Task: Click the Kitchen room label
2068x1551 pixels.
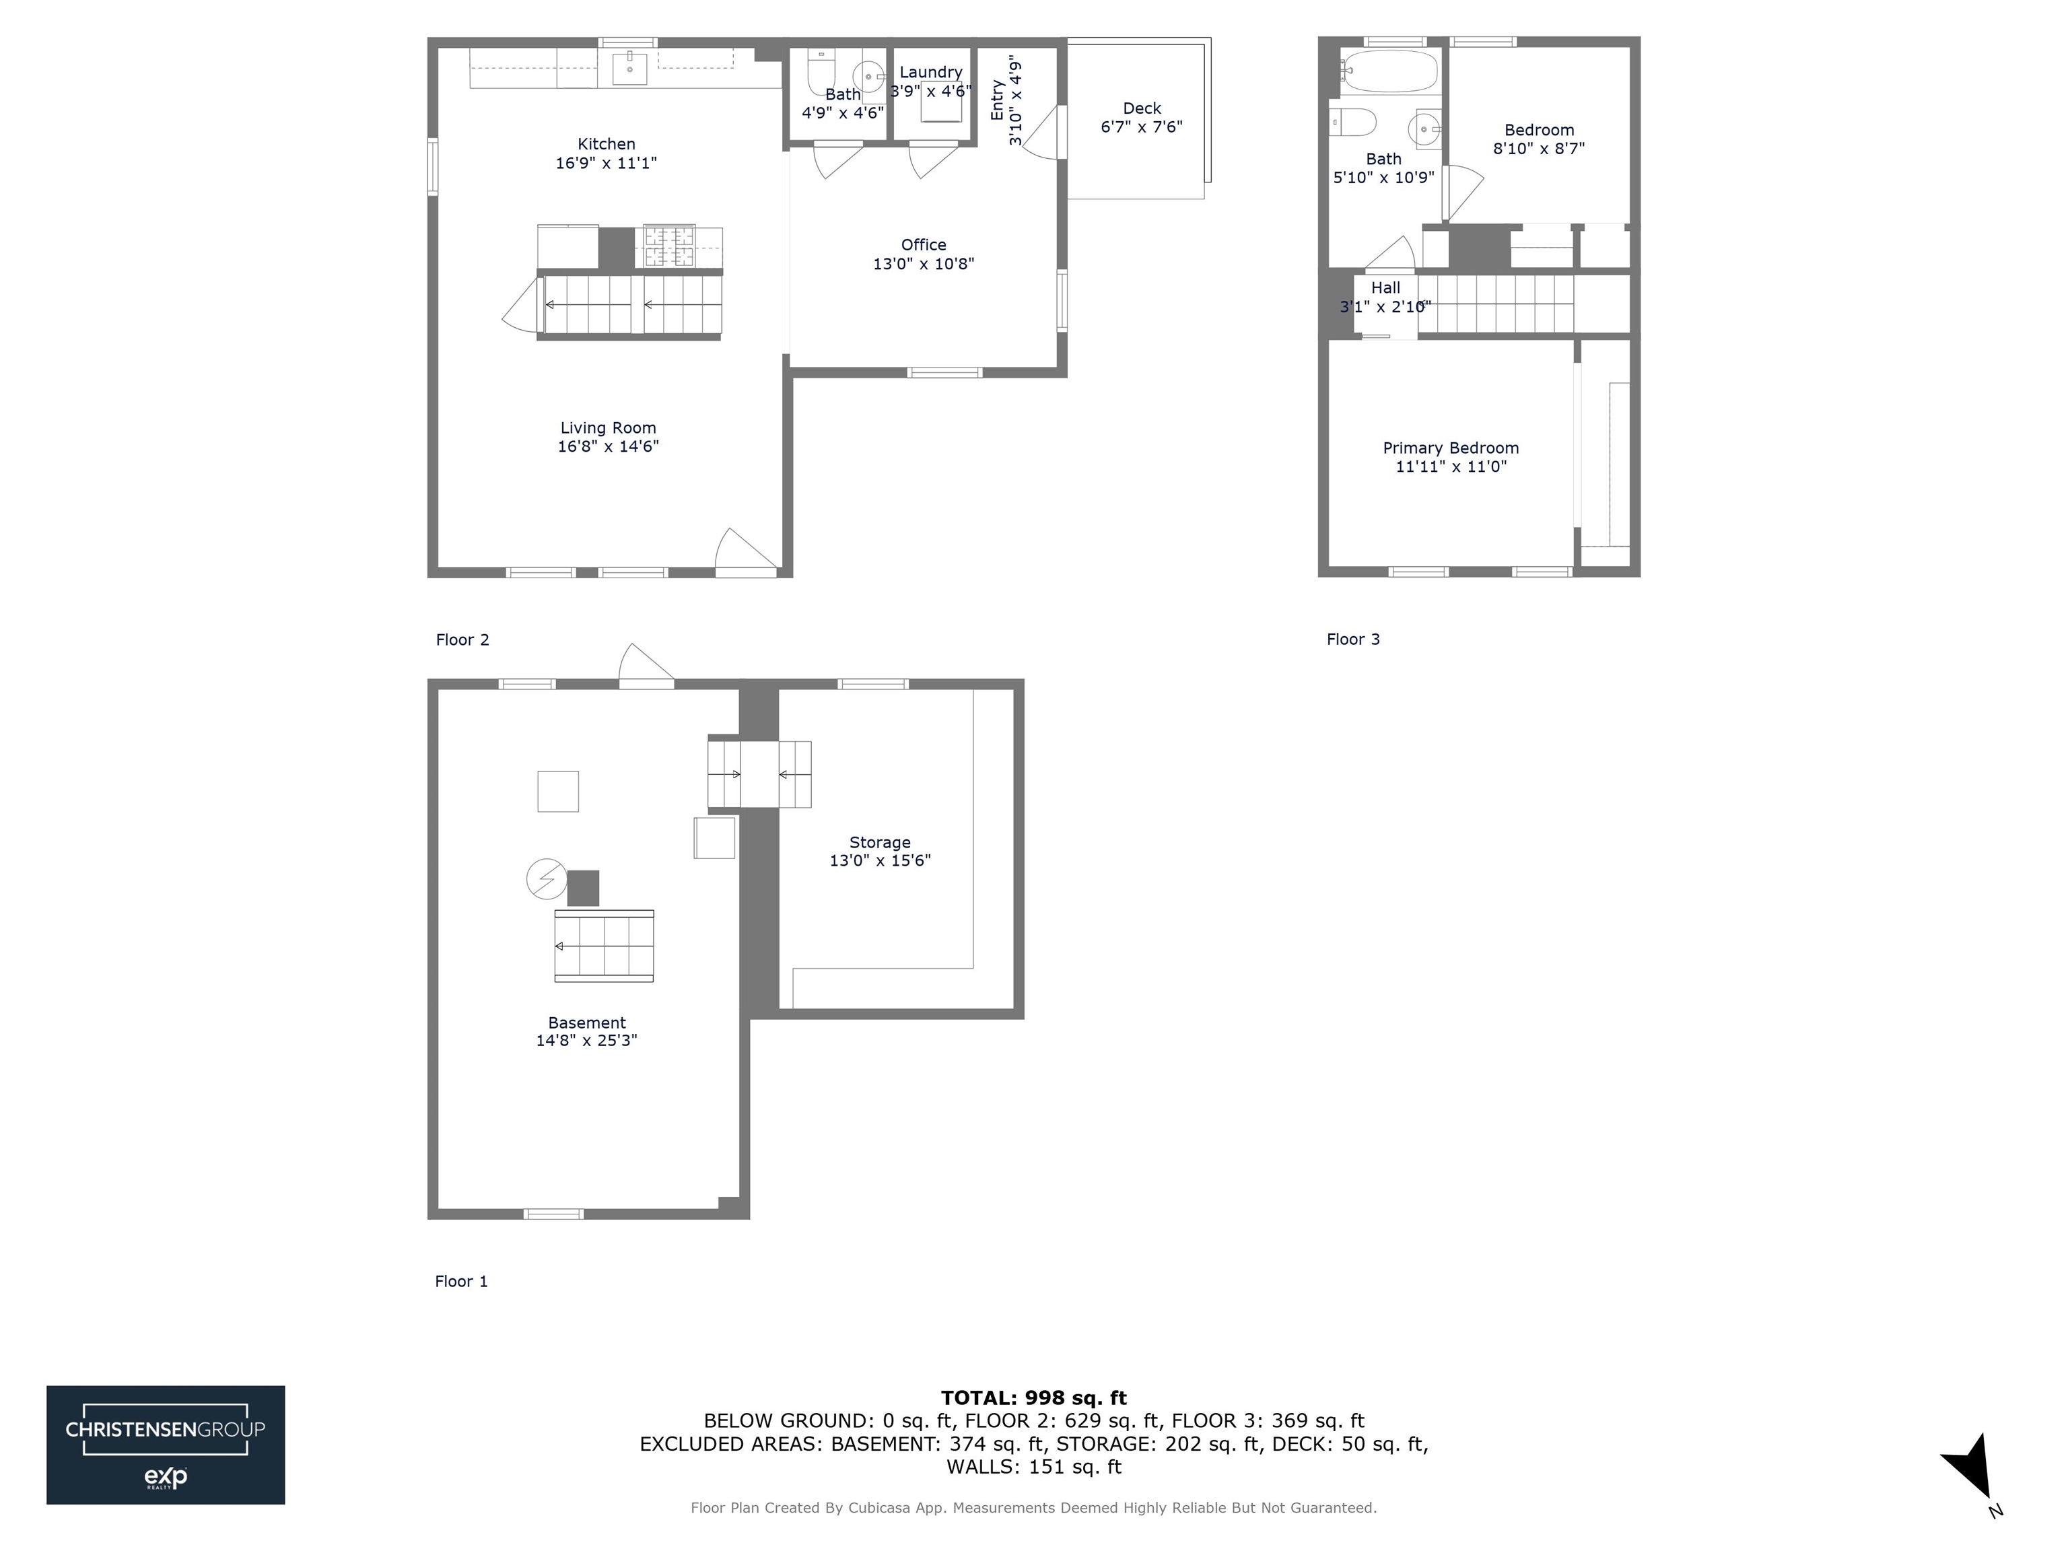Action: (x=606, y=144)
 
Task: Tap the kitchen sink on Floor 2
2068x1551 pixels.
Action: (x=629, y=68)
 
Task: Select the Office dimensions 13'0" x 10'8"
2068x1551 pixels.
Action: (x=923, y=264)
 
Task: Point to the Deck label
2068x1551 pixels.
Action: (x=1142, y=108)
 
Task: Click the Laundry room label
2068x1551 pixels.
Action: (x=930, y=72)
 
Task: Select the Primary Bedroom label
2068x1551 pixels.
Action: (x=1450, y=448)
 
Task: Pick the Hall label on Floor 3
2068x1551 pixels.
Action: (x=1385, y=288)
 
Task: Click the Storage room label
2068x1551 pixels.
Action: (x=880, y=842)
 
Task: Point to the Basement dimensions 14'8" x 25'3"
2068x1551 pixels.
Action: (x=586, y=1041)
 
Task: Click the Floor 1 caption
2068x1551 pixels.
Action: (x=461, y=1281)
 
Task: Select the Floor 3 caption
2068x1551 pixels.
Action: (x=1353, y=640)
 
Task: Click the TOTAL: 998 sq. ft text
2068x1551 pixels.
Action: (x=1033, y=1398)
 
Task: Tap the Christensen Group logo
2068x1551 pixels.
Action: (x=166, y=1445)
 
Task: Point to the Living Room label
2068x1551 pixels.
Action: (x=608, y=428)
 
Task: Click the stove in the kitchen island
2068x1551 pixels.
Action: (x=668, y=247)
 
